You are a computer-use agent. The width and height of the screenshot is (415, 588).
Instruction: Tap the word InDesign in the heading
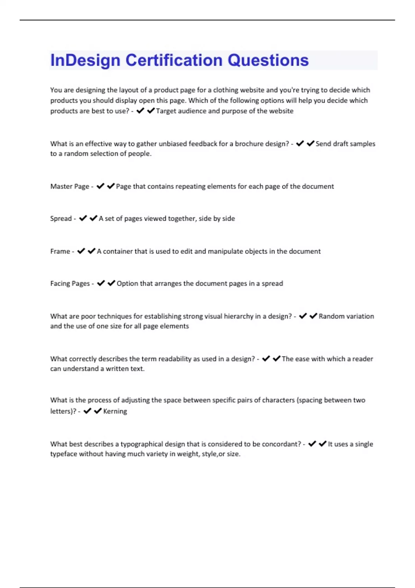(x=85, y=61)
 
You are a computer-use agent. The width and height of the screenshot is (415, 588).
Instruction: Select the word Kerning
(x=115, y=411)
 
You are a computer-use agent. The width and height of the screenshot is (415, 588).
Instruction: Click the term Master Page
(x=70, y=186)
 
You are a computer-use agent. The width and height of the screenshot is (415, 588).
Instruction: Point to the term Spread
(x=61, y=219)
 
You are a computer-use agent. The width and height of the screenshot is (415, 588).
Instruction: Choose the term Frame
(x=60, y=251)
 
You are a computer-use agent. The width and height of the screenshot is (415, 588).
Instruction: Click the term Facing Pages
(x=70, y=284)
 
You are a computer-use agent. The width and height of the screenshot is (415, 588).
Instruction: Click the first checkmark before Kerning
(x=87, y=411)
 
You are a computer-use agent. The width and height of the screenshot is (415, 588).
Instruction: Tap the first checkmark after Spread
(x=83, y=218)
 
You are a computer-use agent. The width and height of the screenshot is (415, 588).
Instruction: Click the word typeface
(x=64, y=454)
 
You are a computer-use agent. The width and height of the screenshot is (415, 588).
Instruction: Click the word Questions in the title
(x=268, y=60)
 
